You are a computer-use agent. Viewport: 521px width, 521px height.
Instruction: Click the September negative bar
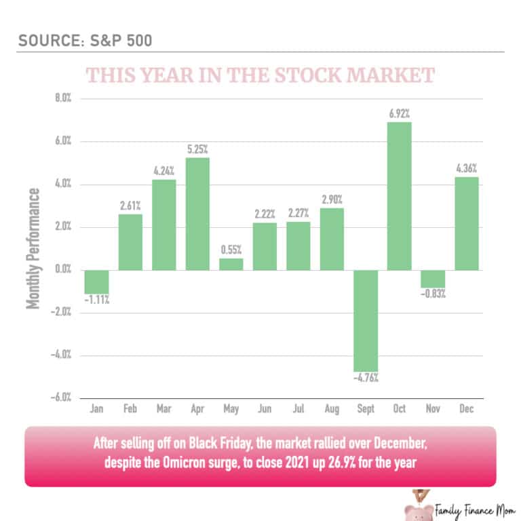tap(366, 320)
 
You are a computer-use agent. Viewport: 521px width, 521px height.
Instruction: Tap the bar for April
tap(197, 214)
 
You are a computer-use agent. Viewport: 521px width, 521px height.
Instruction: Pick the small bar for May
tap(231, 264)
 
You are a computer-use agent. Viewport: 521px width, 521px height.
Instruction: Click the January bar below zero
tap(97, 282)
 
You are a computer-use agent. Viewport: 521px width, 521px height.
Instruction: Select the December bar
tap(467, 223)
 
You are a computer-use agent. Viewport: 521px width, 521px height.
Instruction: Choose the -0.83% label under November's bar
tap(433, 295)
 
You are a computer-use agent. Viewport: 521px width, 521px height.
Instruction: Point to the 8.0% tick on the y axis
tap(63, 99)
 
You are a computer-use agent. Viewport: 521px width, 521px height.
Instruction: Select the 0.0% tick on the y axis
tap(63, 270)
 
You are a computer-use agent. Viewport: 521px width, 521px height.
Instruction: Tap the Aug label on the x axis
tap(332, 410)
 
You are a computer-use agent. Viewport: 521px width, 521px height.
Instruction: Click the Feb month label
tap(130, 410)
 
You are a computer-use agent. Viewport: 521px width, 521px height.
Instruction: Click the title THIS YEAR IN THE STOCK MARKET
tap(260, 75)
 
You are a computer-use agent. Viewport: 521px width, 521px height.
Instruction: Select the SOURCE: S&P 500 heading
tap(84, 39)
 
